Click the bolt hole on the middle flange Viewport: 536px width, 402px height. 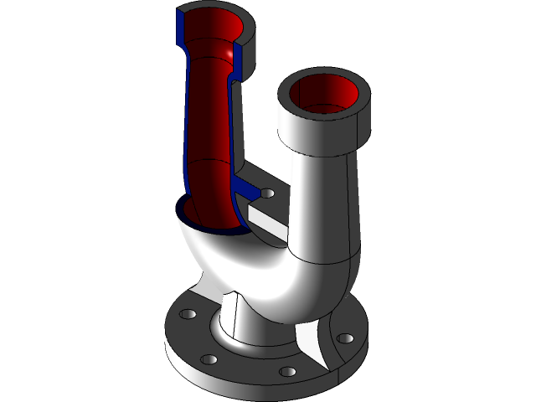(x=267, y=193)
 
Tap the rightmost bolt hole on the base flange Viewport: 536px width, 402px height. (x=343, y=339)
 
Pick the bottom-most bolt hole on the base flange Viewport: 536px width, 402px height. (x=286, y=370)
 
